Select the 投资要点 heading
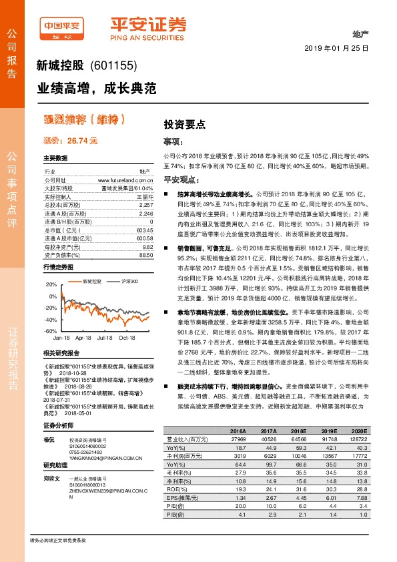[185, 124]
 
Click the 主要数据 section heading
[55, 158]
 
